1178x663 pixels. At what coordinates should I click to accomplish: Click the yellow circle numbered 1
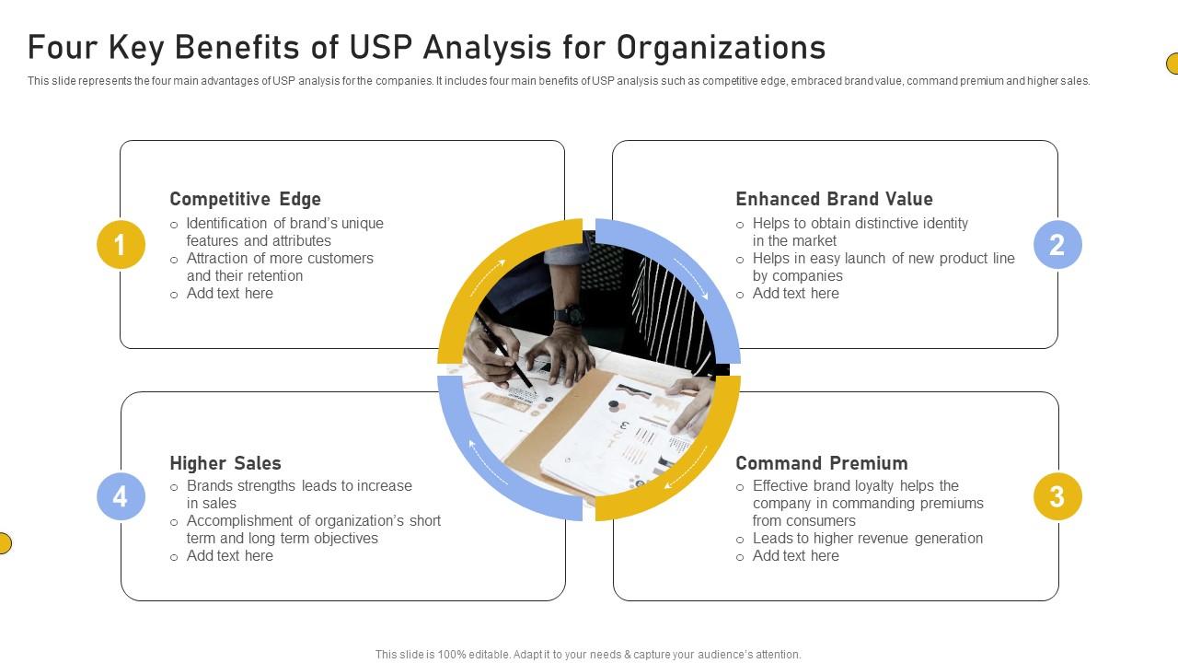pos(121,245)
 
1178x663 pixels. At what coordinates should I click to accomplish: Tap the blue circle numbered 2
pos(1057,245)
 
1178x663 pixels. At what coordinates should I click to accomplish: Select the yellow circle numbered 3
pos(1057,496)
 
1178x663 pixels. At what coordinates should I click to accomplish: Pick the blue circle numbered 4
pos(121,496)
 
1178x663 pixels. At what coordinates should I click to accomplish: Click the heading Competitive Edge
pos(245,199)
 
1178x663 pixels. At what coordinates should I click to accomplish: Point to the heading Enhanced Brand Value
pos(834,199)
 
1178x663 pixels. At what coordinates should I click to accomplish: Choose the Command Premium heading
pos(821,463)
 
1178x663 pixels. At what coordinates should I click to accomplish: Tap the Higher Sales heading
pos(225,463)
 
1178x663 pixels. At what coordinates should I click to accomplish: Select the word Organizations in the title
pos(721,47)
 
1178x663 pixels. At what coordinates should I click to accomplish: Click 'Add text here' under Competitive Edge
pos(229,294)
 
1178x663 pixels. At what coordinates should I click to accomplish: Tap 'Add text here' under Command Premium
pos(795,556)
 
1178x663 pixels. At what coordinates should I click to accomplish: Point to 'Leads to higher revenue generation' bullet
pos(867,539)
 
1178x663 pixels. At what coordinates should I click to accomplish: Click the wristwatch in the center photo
pos(570,314)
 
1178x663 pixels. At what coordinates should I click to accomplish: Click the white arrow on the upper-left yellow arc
pos(488,277)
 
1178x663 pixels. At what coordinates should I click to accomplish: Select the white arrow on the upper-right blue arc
pos(692,279)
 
